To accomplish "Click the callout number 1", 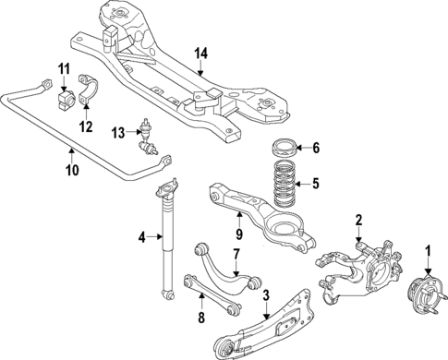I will pos(427,250).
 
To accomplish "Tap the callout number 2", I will pos(357,220).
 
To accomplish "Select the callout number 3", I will pos(265,295).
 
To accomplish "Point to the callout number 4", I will pos(143,237).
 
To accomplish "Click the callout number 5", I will pos(315,183).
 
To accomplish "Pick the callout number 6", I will pos(315,148).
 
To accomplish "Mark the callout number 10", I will pos(71,170).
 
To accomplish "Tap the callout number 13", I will pos(117,134).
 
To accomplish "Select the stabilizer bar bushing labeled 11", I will pos(65,97).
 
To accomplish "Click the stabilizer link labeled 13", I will pos(144,136).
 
